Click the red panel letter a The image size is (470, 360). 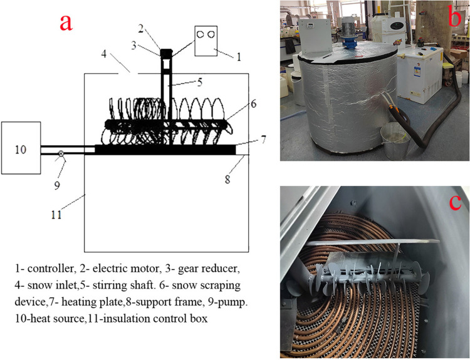[x=66, y=22]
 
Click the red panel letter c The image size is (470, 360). [x=456, y=202]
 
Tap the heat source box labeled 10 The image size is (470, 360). [x=21, y=148]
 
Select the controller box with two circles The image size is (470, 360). [x=206, y=41]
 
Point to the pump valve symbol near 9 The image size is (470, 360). [x=61, y=153]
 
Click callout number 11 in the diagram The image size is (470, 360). [x=56, y=215]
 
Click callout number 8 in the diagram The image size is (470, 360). [x=227, y=179]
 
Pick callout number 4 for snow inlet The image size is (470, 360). [x=103, y=54]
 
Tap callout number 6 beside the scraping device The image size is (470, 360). [x=254, y=104]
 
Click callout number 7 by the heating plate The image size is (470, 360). [x=263, y=140]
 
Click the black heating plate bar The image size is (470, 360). [x=165, y=150]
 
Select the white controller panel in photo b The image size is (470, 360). [x=315, y=36]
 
